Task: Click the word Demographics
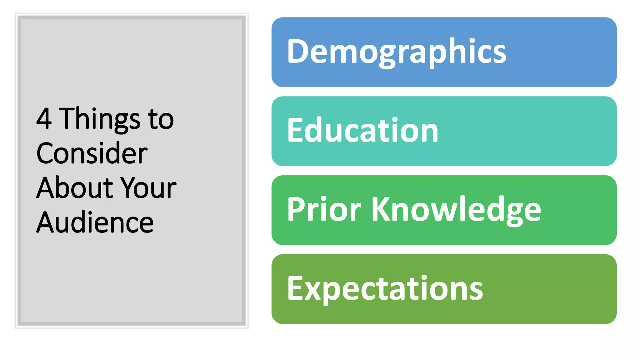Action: [396, 52]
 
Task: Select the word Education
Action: [362, 130]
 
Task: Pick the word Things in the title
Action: [100, 119]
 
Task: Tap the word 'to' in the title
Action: [161, 119]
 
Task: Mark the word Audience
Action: [95, 222]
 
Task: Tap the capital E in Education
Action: [295, 130]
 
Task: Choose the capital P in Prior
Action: [296, 209]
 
